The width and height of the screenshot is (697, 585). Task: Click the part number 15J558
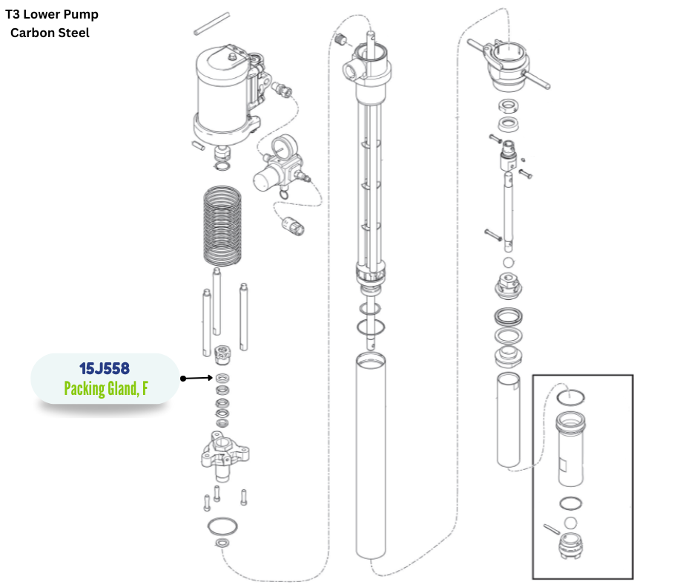pyautogui.click(x=105, y=369)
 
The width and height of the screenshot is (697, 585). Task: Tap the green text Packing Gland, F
pyautogui.click(x=106, y=389)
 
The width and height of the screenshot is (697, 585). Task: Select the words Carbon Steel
pyautogui.click(x=50, y=33)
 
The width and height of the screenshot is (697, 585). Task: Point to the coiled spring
pyautogui.click(x=222, y=226)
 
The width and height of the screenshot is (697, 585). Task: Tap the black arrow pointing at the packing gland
pyautogui.click(x=196, y=379)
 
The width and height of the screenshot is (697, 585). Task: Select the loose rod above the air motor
pyautogui.click(x=212, y=24)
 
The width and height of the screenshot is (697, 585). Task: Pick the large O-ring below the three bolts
pyautogui.click(x=222, y=526)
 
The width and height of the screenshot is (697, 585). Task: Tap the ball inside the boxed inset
pyautogui.click(x=570, y=523)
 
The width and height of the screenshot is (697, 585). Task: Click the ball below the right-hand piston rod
pyautogui.click(x=509, y=263)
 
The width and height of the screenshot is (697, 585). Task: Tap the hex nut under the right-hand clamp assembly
pyautogui.click(x=508, y=106)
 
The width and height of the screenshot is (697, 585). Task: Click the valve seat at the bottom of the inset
pyautogui.click(x=570, y=545)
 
